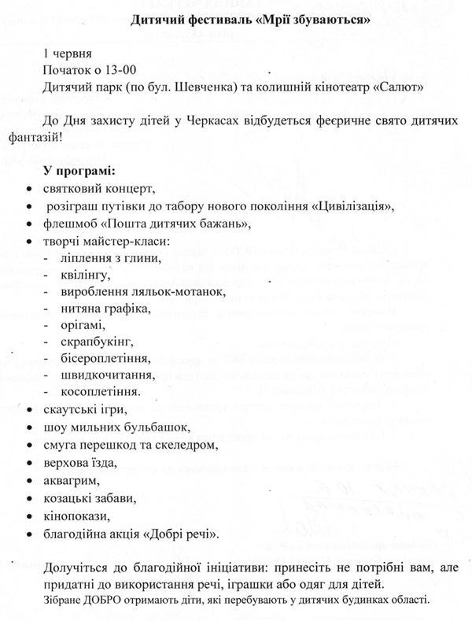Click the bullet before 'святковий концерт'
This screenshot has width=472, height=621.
pos(29,189)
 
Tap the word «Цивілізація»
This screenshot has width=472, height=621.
pos(352,206)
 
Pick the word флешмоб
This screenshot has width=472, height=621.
pos(72,224)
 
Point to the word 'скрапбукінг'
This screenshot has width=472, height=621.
pos(97,342)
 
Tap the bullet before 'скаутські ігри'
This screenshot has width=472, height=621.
pos(29,409)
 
